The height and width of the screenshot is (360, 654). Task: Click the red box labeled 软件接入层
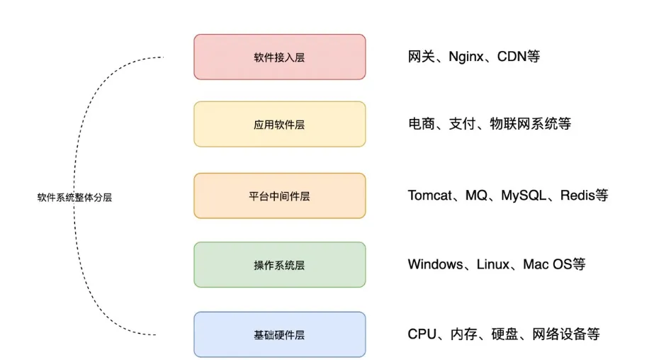(280, 57)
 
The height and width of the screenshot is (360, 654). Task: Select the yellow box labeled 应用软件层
(280, 125)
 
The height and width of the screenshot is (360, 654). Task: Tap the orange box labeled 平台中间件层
(280, 196)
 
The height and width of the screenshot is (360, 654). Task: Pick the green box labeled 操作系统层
(280, 265)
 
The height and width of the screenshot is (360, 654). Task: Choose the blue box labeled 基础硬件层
(280, 334)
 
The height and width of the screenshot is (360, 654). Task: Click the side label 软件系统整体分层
(74, 198)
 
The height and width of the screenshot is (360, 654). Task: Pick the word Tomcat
(429, 196)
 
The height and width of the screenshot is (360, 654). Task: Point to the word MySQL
(523, 196)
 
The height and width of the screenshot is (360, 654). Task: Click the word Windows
(434, 265)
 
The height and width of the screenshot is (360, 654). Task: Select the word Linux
(492, 265)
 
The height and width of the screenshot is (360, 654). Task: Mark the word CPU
(422, 334)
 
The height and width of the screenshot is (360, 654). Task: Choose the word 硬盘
(505, 334)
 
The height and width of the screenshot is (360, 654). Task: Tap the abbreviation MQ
(476, 196)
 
